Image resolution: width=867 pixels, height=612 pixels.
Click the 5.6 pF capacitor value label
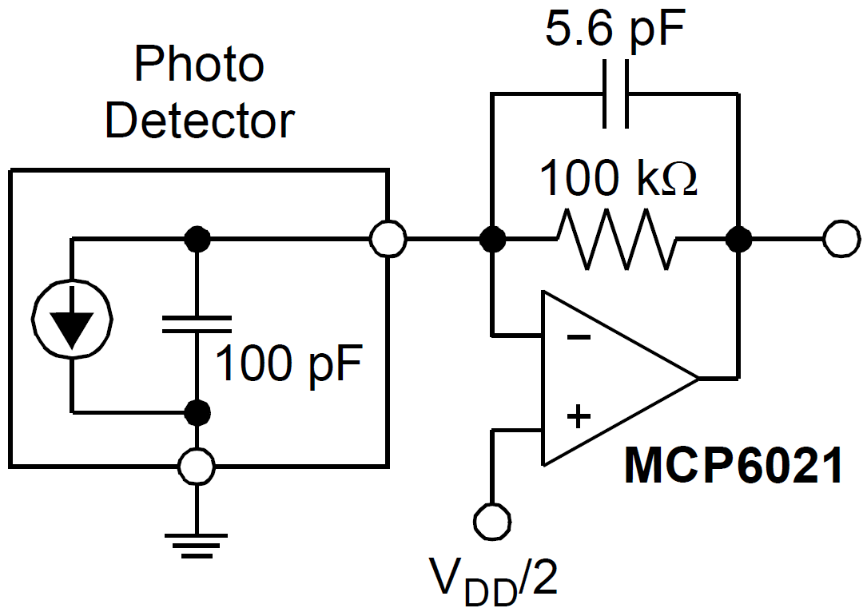(616, 32)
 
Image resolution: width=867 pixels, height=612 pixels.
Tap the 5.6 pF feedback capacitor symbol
(616, 94)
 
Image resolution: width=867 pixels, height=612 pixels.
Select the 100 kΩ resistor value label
(618, 180)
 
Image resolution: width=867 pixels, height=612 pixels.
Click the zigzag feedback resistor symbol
(616, 239)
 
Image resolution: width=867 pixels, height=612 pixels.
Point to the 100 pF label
(288, 364)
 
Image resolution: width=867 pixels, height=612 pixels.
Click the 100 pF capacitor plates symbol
(197, 324)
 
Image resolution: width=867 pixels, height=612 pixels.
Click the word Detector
(200, 121)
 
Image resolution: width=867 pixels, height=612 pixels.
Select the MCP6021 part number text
(733, 465)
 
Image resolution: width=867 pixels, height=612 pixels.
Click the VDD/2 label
(493, 578)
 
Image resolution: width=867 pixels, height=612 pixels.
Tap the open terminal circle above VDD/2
(492, 519)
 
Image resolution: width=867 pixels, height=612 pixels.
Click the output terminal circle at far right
(841, 239)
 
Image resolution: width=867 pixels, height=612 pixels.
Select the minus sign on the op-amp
(579, 336)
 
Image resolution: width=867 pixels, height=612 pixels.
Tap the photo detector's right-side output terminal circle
(388, 239)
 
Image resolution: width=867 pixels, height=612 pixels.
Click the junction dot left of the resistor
(493, 239)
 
